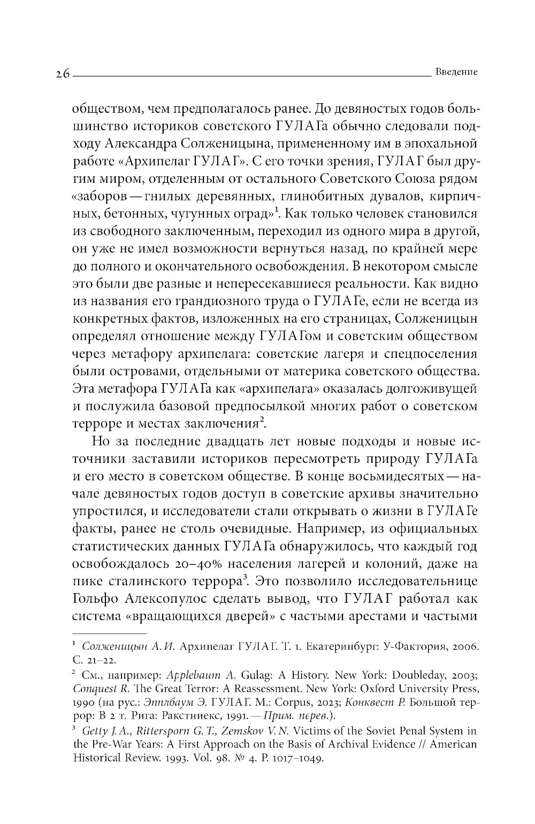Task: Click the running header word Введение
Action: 456,72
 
